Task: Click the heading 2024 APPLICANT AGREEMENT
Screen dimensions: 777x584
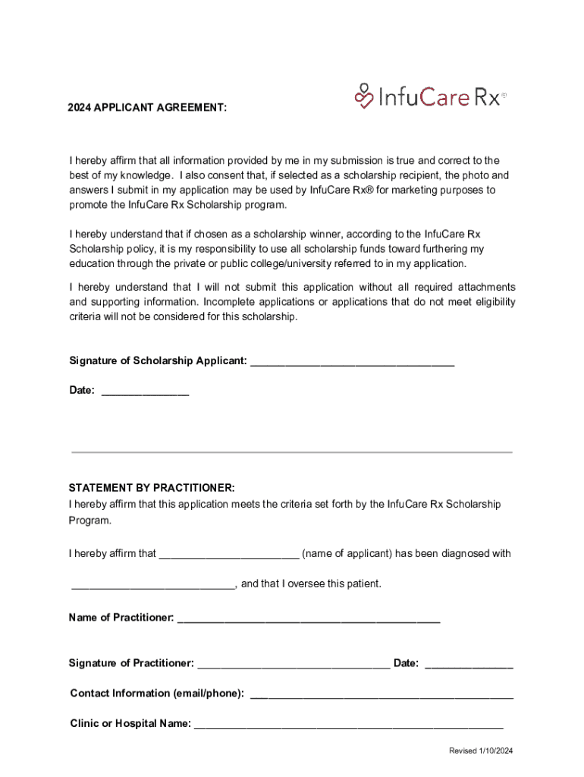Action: coord(146,109)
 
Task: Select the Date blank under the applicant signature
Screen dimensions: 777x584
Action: coord(145,393)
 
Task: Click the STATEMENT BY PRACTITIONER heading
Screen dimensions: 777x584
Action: coord(152,487)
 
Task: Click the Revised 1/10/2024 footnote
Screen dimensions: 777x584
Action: coord(481,751)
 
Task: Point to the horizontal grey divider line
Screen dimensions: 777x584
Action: coord(292,452)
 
